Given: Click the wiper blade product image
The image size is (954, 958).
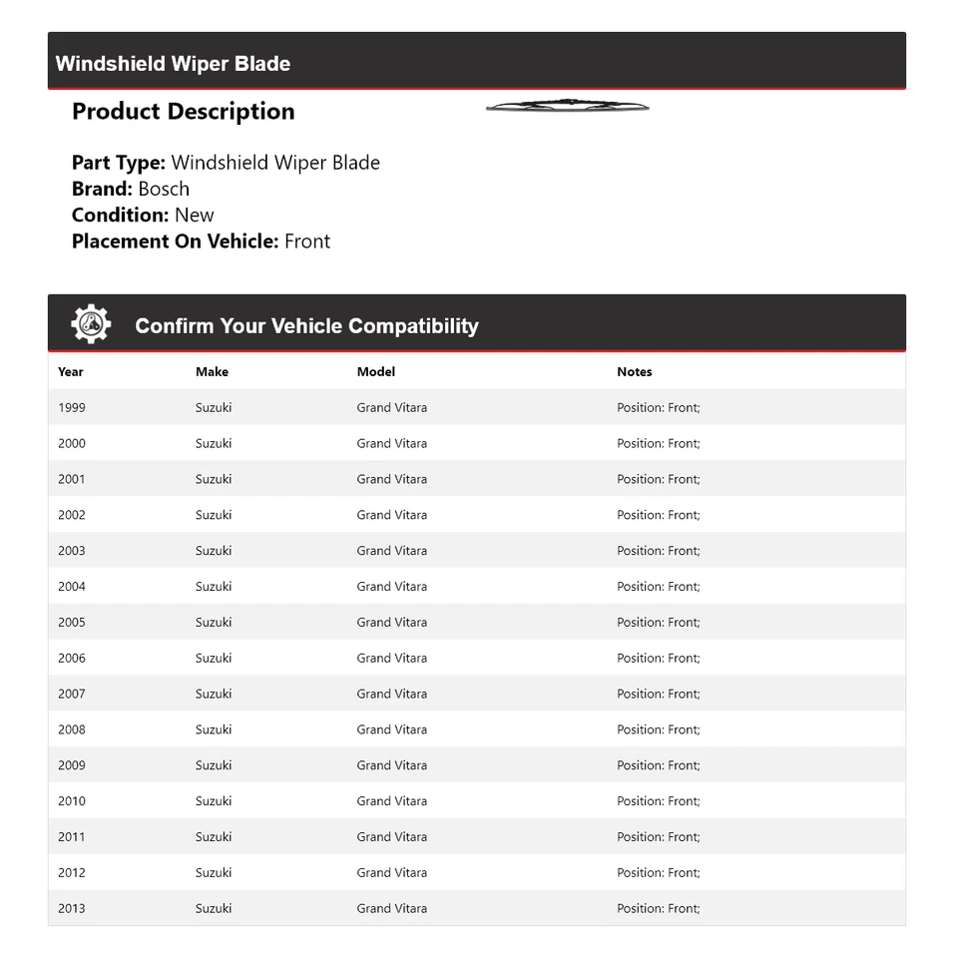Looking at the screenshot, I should coord(567,106).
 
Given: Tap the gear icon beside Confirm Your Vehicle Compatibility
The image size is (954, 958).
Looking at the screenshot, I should coord(91,324).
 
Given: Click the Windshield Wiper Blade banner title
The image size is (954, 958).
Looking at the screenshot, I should coord(173,64).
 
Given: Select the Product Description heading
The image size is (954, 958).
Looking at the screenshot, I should coord(183,112).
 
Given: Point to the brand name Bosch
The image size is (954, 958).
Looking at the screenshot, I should coord(164,189).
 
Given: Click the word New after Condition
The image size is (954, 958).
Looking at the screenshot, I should coord(194,215).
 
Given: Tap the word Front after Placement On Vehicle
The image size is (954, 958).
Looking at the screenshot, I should coord(307,240).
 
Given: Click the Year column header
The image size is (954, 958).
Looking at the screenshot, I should coord(71,371).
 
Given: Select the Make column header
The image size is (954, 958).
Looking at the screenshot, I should coord(212,371).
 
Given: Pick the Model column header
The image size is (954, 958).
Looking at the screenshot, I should coord(376,371).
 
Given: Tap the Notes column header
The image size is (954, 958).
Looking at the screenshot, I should coord(634,371).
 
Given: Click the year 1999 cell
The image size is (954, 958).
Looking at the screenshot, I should coord(72,407).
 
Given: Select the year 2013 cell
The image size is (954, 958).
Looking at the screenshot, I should coord(72,908).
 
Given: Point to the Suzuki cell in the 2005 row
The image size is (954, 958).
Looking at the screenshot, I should coord(214,622).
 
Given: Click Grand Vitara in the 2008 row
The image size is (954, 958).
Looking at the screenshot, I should coord(392,729).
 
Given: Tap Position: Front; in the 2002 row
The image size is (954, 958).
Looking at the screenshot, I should coord(659,515).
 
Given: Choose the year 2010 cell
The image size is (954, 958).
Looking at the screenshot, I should coord(72,800).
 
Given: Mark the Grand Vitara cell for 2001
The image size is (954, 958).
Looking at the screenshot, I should coord(392,479).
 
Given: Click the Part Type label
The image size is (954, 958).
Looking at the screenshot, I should coord(118,163).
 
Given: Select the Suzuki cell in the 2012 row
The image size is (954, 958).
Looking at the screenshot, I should coord(214,872).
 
